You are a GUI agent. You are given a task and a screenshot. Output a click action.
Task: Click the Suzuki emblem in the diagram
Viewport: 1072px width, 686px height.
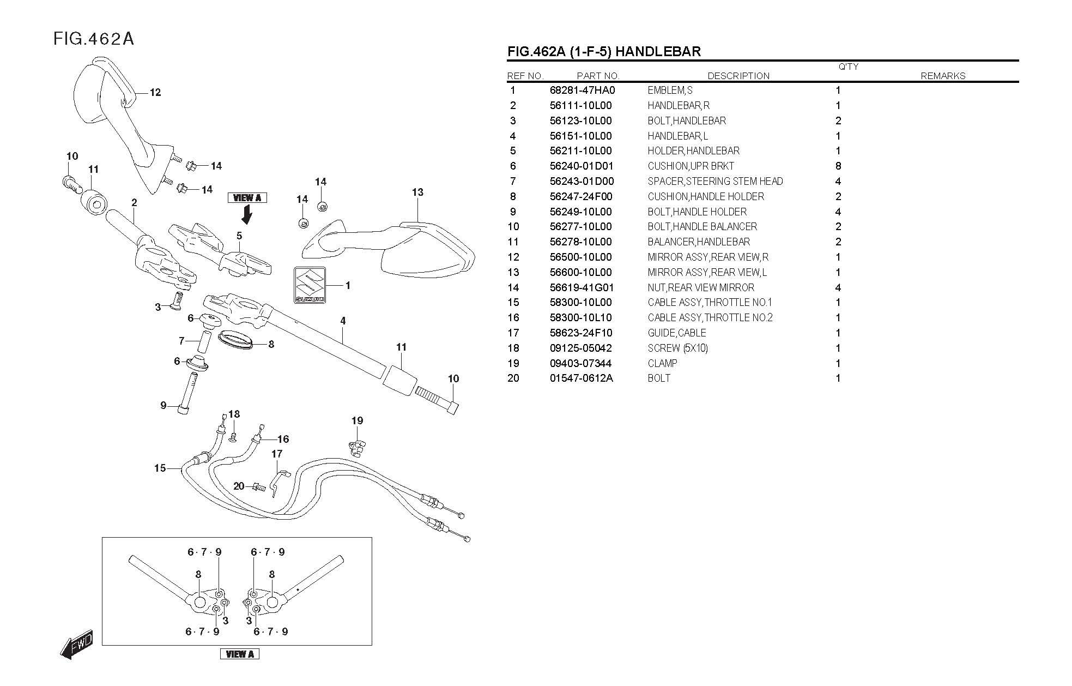pos(310,285)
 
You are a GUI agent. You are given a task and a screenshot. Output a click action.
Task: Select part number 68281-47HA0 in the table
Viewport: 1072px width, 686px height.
pos(582,91)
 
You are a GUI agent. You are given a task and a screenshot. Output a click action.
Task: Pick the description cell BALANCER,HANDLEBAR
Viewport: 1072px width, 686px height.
pos(699,242)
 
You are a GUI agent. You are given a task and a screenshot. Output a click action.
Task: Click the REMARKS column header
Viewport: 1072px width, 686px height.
pos(942,76)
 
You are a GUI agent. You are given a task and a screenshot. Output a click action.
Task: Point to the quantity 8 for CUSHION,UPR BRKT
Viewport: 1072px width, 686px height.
pos(838,166)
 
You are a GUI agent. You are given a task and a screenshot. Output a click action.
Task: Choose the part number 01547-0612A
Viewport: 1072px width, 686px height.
pos(581,378)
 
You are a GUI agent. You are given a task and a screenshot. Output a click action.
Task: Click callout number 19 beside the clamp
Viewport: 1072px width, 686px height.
pos(357,420)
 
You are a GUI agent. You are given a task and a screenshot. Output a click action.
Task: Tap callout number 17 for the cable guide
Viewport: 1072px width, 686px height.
pos(277,454)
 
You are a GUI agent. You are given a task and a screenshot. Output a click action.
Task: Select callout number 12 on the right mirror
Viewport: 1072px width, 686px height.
pos(155,93)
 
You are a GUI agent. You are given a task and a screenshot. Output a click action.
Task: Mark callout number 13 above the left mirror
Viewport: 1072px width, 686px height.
pos(417,192)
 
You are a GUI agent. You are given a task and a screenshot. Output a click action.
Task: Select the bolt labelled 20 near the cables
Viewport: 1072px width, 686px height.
pos(259,486)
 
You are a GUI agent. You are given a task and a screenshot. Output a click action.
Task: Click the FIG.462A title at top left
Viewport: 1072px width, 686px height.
pos(93,39)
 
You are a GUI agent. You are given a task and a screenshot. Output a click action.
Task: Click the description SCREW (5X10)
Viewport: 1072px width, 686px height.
pos(677,348)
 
